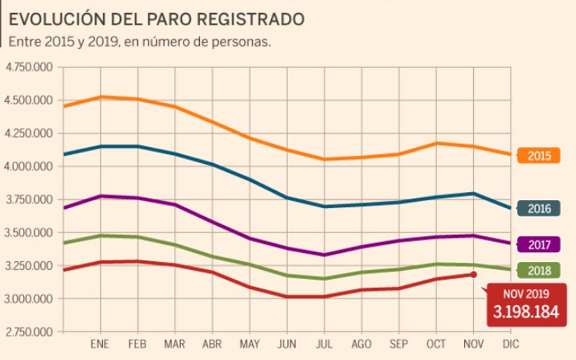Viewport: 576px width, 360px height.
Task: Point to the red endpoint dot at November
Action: point(474,275)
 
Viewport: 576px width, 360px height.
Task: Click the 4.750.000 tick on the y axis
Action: point(28,67)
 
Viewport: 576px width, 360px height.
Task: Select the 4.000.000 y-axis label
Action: point(28,166)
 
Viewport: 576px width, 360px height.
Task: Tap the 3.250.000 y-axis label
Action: point(28,266)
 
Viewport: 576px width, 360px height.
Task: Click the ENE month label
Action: point(100,345)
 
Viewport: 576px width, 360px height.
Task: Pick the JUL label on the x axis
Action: point(324,345)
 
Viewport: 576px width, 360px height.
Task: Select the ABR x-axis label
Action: point(212,345)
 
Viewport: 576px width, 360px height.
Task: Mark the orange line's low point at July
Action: point(324,159)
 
